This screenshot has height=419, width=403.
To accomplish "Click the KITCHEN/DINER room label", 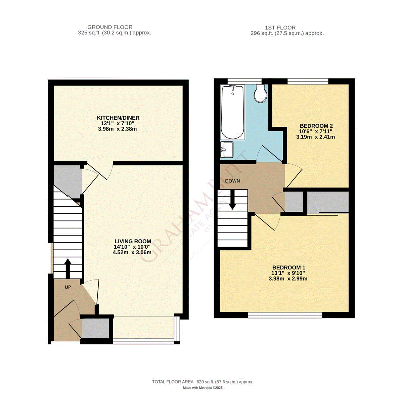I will click(118, 118).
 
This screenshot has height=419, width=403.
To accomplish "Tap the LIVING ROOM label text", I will click(133, 241).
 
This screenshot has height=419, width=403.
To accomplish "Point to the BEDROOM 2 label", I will click(316, 126).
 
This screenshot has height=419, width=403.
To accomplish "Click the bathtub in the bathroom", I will click(232, 112).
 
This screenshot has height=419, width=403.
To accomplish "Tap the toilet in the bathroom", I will click(260, 94).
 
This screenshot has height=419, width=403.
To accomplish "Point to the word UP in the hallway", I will click(68, 287).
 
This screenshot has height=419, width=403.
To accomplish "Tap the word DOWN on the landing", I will click(232, 181).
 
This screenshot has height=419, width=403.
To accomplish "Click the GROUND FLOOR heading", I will click(110, 27).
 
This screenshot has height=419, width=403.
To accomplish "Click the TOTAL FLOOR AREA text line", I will click(203, 382).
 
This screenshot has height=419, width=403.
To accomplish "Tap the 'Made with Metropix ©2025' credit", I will click(203, 388).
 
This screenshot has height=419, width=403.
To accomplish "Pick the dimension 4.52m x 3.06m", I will click(132, 252).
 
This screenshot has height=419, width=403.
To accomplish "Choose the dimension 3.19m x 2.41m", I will click(315, 137).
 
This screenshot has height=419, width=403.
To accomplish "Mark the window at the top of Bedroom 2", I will click(308, 81).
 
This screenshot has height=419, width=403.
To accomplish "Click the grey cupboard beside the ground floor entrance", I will click(95, 328).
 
